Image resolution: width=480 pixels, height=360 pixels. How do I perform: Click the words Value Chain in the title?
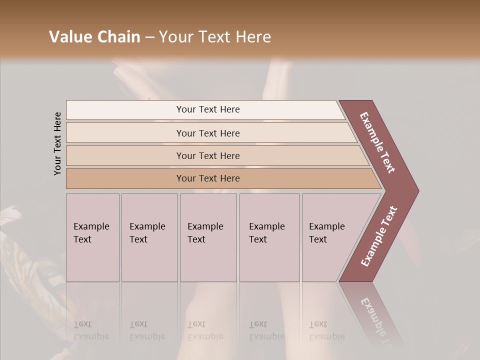click(94, 37)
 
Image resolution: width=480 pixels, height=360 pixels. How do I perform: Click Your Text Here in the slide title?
click(215, 37)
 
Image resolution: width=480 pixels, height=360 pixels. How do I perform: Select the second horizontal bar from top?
click(207, 133)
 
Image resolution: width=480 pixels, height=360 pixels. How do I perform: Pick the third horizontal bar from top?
click(207, 155)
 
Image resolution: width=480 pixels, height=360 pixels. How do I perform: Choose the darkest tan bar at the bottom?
click(207, 178)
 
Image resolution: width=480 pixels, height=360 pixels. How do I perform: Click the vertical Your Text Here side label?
click(57, 144)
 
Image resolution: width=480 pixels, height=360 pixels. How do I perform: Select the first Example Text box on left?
click(92, 237)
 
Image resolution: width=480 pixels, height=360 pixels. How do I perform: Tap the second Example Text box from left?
click(149, 237)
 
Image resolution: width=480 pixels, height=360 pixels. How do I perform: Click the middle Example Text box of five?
click(208, 237)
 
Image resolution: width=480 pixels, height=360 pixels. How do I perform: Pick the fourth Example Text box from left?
click(269, 237)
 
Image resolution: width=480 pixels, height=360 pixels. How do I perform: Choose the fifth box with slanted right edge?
click(330, 237)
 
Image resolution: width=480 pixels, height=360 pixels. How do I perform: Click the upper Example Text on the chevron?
click(378, 142)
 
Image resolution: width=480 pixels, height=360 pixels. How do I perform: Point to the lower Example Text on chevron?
click(379, 236)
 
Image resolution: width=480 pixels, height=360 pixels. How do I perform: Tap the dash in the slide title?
click(149, 37)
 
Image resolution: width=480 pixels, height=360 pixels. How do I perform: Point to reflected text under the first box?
click(91, 330)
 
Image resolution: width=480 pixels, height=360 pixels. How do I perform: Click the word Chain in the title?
click(118, 37)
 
